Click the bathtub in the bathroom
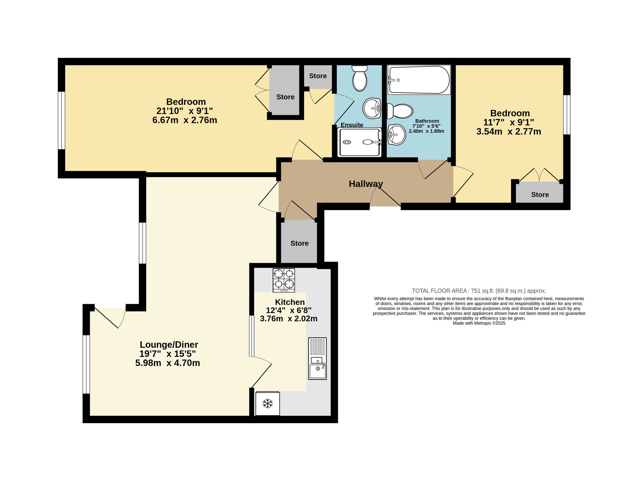419,80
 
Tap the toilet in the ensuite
360,78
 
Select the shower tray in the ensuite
360,142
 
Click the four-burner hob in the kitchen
284,280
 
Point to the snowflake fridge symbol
268,403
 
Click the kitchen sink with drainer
317,358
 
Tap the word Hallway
366,184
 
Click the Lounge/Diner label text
169,345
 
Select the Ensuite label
352,125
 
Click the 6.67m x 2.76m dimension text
185,120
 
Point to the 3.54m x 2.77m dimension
509,131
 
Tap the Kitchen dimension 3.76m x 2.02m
289,318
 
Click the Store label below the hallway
300,243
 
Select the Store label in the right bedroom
540,195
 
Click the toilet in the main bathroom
400,111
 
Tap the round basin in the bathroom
397,135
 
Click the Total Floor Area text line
479,291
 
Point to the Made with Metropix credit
479,323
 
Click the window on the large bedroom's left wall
62,120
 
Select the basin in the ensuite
372,108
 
